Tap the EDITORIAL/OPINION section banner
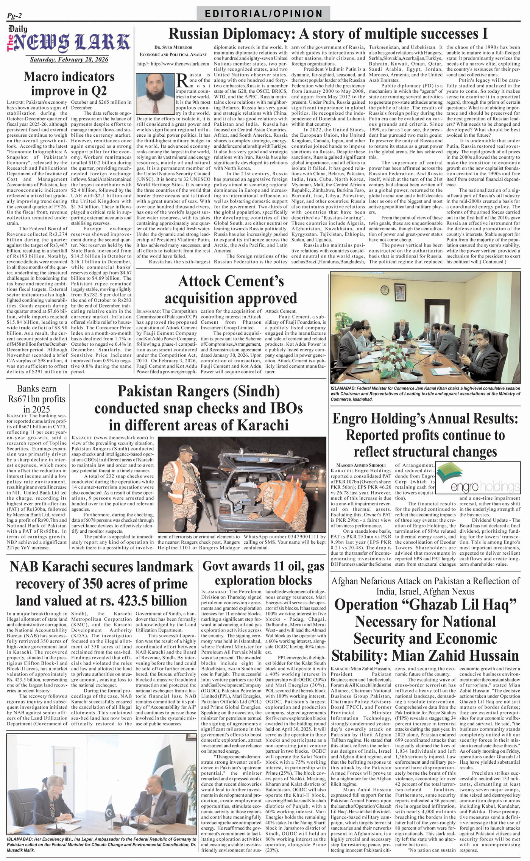(x=263, y=14)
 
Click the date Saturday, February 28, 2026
(x=69, y=59)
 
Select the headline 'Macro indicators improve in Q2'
(x=69, y=84)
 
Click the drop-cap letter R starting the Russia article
(x=182, y=80)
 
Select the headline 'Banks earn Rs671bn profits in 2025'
(x=37, y=399)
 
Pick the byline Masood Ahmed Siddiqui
(x=358, y=465)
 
